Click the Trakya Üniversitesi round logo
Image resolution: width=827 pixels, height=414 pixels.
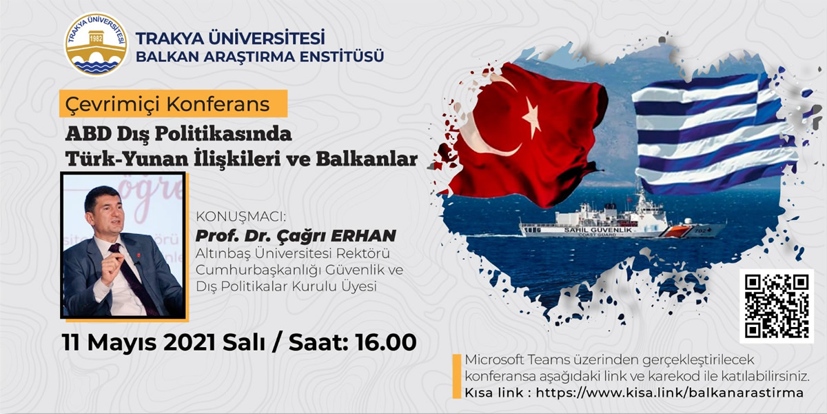point(96,44)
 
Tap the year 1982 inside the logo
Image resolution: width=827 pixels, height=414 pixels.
point(96,39)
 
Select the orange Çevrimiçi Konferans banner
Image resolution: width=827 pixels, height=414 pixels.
point(174,104)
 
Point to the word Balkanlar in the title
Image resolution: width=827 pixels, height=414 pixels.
point(367,159)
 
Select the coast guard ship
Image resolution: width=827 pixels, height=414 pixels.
point(621,218)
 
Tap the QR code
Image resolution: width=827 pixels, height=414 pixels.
point(777,306)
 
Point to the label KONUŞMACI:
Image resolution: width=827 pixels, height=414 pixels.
point(241,217)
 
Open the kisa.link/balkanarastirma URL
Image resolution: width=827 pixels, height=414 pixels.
point(669,393)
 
